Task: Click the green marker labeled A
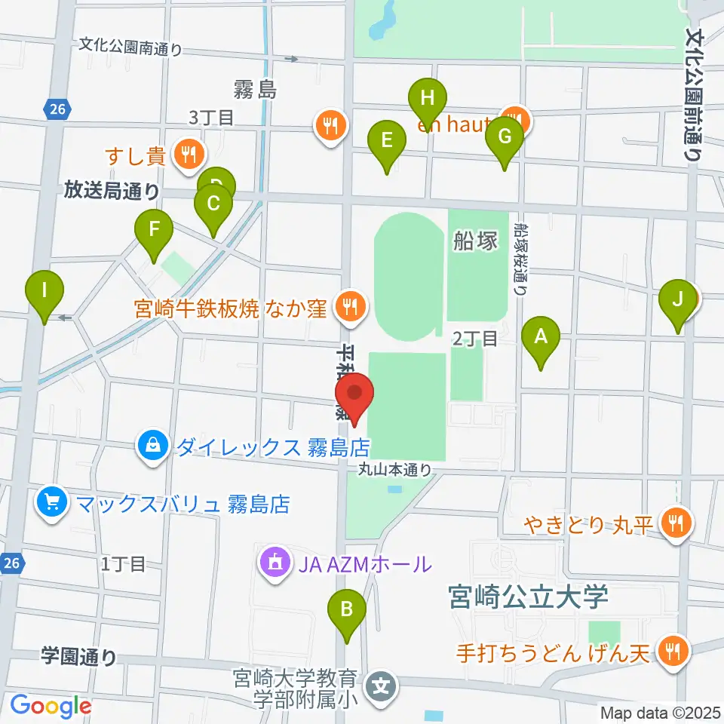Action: [x=539, y=336]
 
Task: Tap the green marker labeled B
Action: [x=346, y=609]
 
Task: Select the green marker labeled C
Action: [x=213, y=204]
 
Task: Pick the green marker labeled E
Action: [x=386, y=141]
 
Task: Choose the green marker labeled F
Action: [x=154, y=229]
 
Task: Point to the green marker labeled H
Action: [x=428, y=98]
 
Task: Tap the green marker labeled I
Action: [x=44, y=290]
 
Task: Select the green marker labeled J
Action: [x=677, y=299]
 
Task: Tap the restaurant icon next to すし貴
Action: [x=186, y=155]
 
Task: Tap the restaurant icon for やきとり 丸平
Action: [x=671, y=522]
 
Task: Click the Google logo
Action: [x=51, y=706]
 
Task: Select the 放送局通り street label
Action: [x=111, y=192]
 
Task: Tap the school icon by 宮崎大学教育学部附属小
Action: [x=382, y=686]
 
